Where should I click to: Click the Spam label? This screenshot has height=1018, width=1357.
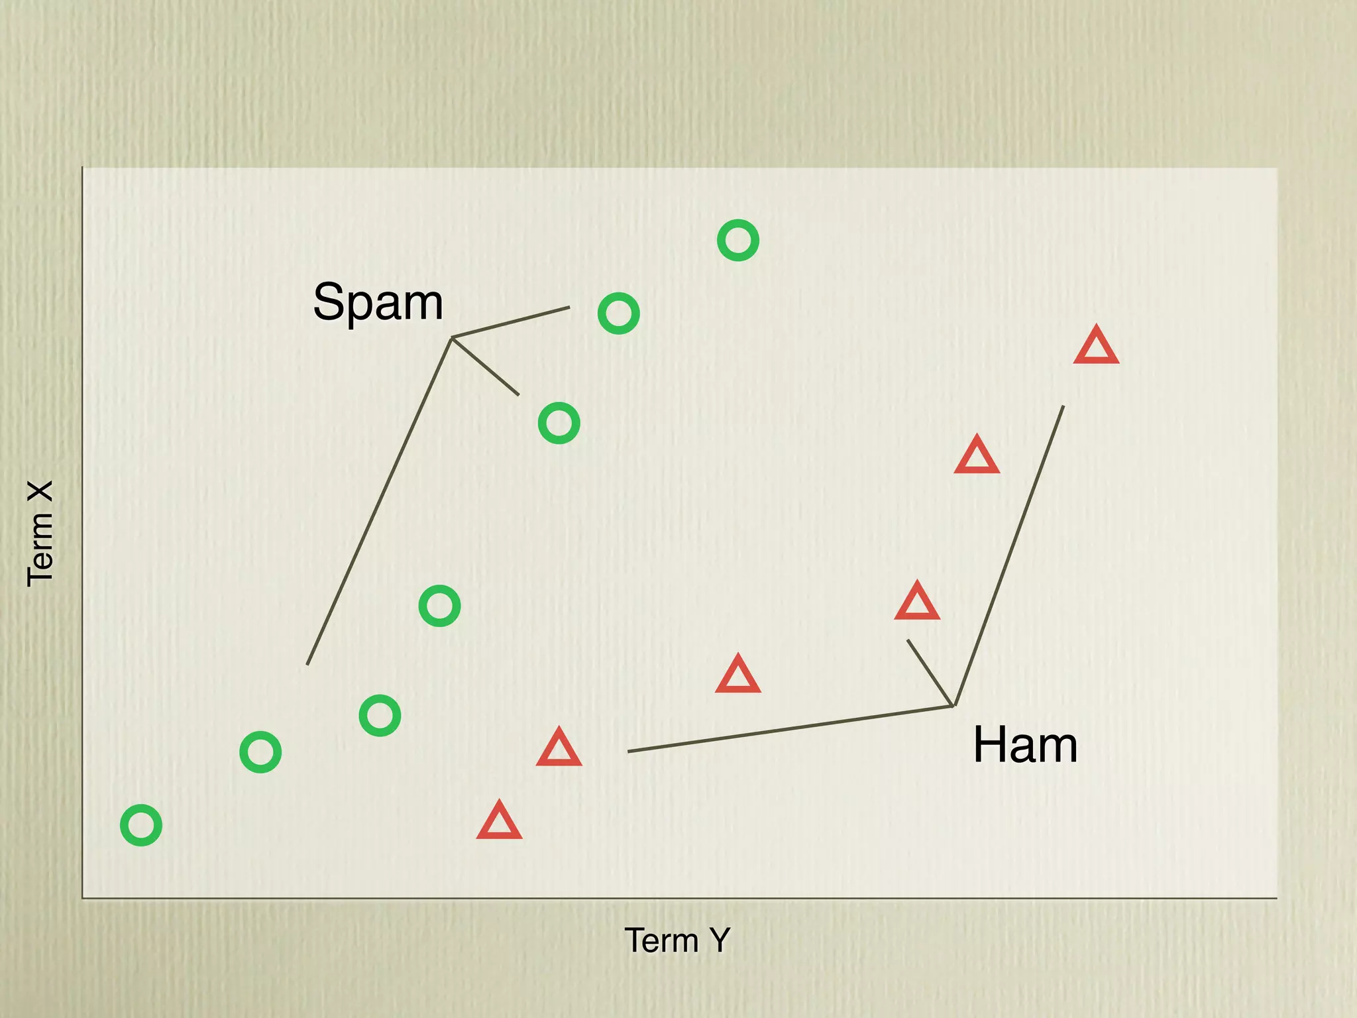pyautogui.click(x=378, y=302)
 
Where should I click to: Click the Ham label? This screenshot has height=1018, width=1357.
pyautogui.click(x=1024, y=745)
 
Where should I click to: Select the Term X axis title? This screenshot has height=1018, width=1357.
pyautogui.click(x=40, y=534)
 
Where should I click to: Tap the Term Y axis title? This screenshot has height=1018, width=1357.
pyautogui.click(x=677, y=940)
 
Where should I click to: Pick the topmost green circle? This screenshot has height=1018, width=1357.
pyautogui.click(x=737, y=240)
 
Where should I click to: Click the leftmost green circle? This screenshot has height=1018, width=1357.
pyautogui.click(x=141, y=825)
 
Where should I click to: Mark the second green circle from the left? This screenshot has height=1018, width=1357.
pyautogui.click(x=260, y=752)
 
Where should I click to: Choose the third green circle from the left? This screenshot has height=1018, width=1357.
pyautogui.click(x=380, y=716)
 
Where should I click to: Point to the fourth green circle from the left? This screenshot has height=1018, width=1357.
pyautogui.click(x=439, y=606)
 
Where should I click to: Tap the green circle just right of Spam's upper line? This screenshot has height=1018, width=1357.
pyautogui.click(x=618, y=313)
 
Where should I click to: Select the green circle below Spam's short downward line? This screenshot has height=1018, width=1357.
pyautogui.click(x=559, y=424)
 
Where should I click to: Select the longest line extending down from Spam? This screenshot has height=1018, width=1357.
pyautogui.click(x=379, y=501)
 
